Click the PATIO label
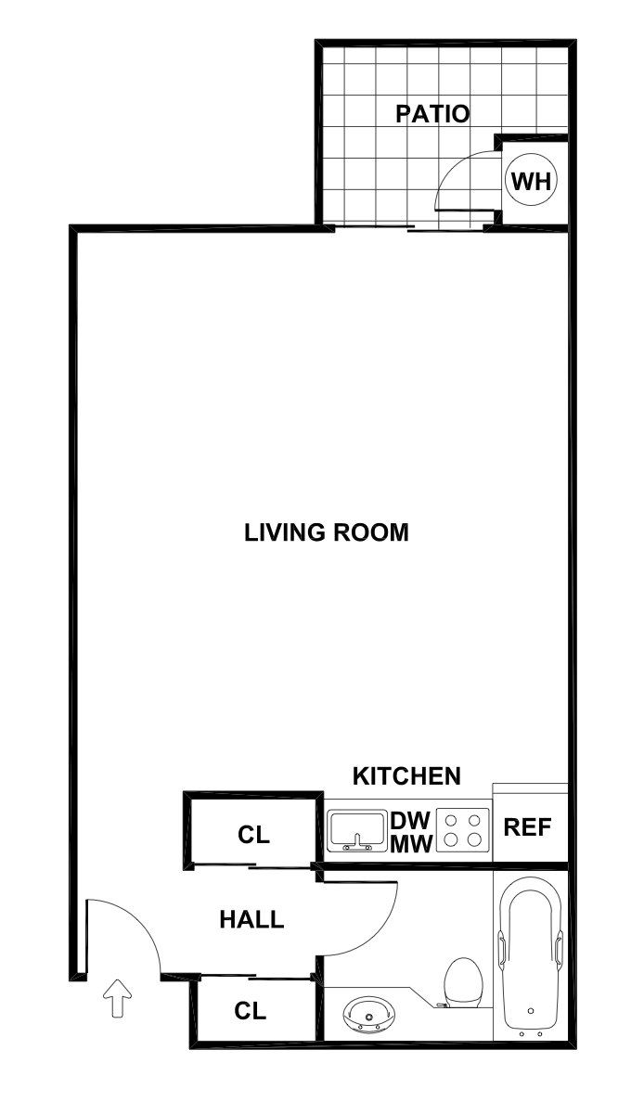click(432, 114)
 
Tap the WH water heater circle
click(531, 181)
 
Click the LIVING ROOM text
click(327, 533)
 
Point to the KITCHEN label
click(406, 776)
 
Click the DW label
click(410, 821)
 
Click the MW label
click(410, 844)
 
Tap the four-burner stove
click(463, 830)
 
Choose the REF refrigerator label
click(527, 827)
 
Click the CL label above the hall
click(253, 835)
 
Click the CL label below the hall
click(251, 1011)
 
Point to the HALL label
click(251, 920)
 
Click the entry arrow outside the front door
click(117, 998)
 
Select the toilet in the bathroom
click(462, 983)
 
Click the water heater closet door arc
click(455, 172)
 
